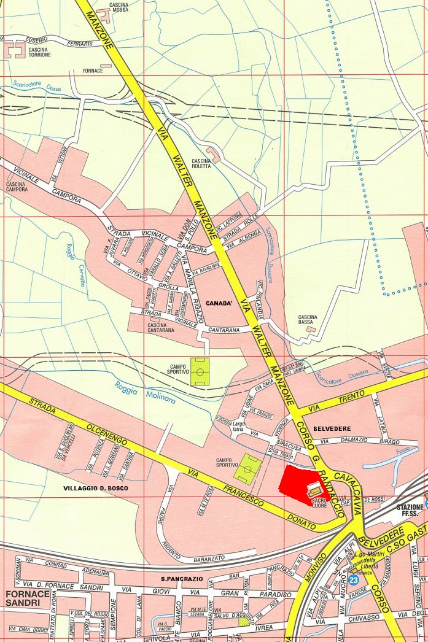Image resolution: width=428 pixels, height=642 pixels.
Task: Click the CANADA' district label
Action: click(219, 303)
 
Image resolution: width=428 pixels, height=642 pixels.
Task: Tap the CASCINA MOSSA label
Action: click(119, 8)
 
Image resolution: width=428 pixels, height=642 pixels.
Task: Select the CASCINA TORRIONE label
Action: click(38, 52)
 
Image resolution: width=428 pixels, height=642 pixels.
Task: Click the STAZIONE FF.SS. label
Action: click(411, 511)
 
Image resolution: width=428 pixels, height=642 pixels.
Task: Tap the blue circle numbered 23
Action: click(353, 579)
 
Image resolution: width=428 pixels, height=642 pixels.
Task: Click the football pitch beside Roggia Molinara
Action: click(199, 371)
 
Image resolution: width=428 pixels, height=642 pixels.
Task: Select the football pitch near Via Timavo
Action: click(247, 468)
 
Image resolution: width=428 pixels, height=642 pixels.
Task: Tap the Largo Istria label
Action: click(239, 426)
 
